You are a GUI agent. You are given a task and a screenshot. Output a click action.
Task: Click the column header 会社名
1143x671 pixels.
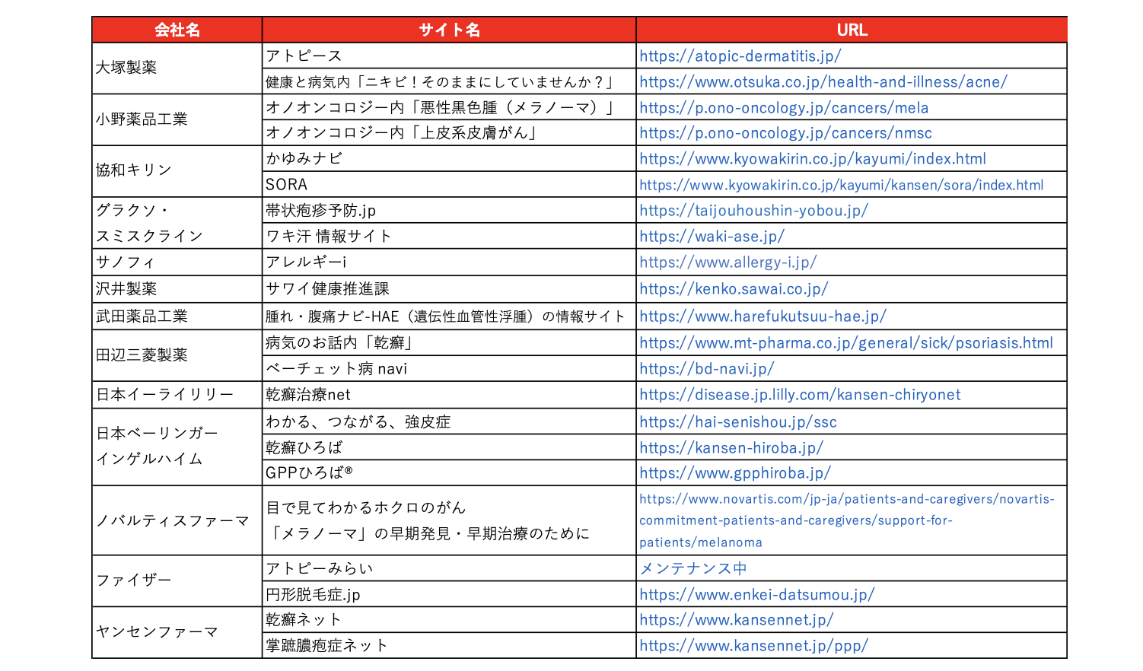tap(177, 30)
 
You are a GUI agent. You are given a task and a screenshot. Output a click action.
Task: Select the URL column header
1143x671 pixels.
tap(852, 30)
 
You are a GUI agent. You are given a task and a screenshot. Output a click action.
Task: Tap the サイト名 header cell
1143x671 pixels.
tap(449, 30)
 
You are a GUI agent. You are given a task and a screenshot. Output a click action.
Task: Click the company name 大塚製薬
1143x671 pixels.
tap(126, 68)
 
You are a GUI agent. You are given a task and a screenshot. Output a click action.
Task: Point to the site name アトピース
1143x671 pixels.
tap(304, 56)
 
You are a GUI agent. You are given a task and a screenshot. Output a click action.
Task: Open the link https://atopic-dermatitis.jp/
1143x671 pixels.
tap(740, 56)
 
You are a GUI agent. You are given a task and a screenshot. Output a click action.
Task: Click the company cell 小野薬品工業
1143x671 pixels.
tap(142, 119)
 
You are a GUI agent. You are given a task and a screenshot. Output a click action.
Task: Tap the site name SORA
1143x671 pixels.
tap(287, 185)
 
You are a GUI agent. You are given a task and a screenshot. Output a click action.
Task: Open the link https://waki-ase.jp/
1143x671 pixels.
tap(712, 236)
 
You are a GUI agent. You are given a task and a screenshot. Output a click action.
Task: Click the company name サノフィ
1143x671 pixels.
tap(126, 262)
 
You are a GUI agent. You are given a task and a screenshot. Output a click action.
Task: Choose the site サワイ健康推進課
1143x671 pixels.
tap(327, 289)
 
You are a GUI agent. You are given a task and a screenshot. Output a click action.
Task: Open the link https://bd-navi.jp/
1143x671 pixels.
tap(706, 368)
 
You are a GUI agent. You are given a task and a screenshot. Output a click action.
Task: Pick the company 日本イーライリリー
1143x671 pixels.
tap(164, 395)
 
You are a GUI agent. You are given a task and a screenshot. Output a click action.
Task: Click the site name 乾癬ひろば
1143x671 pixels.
tap(304, 447)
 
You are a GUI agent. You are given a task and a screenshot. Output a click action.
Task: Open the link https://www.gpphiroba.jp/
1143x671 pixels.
tap(734, 472)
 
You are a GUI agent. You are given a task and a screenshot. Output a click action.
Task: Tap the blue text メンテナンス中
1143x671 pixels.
tap(692, 568)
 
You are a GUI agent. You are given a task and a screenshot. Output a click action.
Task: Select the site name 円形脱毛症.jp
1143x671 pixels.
tap(313, 594)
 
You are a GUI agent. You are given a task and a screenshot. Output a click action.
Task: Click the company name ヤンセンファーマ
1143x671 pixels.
tap(157, 632)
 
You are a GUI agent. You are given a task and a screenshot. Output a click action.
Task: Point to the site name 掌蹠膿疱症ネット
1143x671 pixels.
tap(326, 646)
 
